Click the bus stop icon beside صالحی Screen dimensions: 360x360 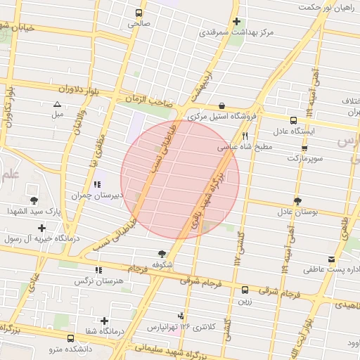[139, 13]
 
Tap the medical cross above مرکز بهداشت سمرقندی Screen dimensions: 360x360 [236, 22]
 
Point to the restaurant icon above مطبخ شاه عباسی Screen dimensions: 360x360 [245, 136]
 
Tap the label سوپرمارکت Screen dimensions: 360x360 [304, 158]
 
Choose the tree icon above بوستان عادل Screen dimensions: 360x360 [297, 201]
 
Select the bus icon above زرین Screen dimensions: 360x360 [245, 290]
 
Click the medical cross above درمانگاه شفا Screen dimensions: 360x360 [105, 321]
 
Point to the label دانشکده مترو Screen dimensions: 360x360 [70, 348]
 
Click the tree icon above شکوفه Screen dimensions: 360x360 [162, 254]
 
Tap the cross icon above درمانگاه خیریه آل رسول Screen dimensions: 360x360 [42, 228]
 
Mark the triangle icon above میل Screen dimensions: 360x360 [57, 104]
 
